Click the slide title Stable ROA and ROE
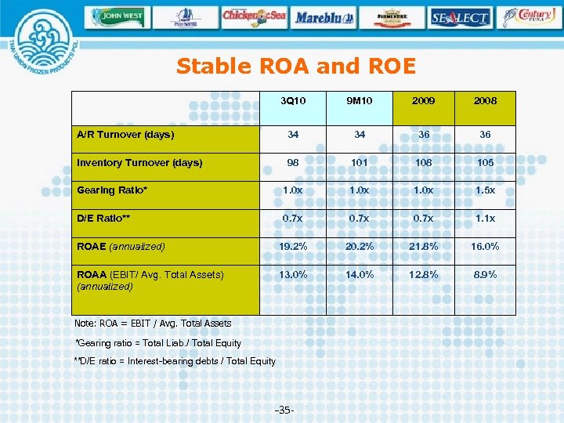(x=295, y=67)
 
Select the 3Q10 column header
(x=293, y=101)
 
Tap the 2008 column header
(x=485, y=101)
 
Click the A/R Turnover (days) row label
(x=125, y=135)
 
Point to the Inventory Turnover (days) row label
(x=139, y=163)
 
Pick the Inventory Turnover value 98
(x=293, y=163)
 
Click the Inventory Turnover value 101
(x=360, y=163)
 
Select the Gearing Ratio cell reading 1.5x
(x=485, y=190)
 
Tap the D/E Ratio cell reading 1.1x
(x=485, y=219)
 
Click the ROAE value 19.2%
(x=293, y=247)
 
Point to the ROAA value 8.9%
(x=485, y=275)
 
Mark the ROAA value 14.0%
(x=360, y=275)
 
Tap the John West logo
(x=117, y=16)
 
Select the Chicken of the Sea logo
(x=253, y=16)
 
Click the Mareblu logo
(x=324, y=16)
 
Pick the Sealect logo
(x=459, y=16)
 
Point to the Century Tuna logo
(x=530, y=16)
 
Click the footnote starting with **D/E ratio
(x=174, y=361)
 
